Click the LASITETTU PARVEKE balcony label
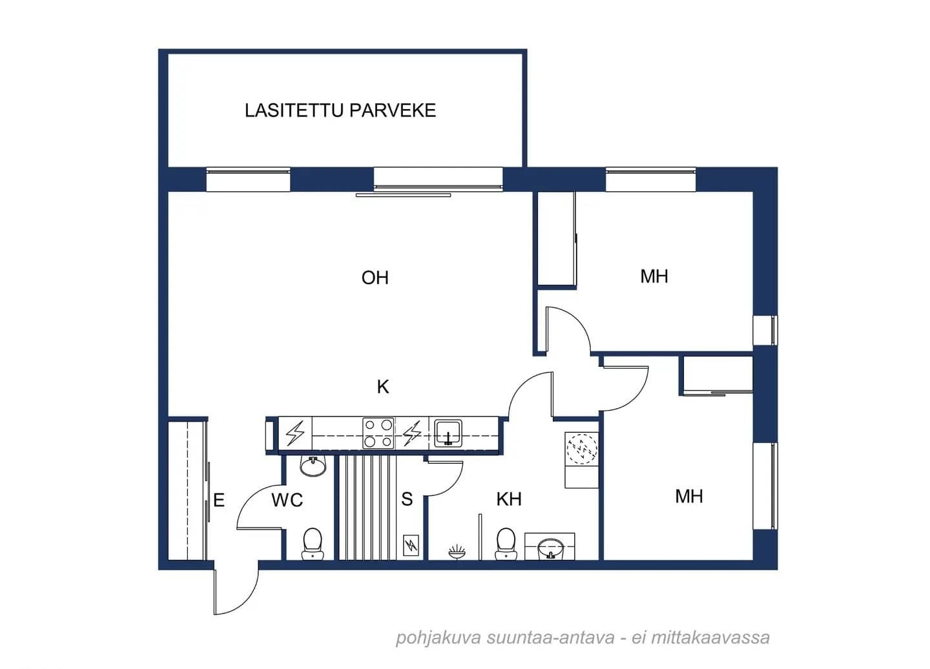pyautogui.click(x=340, y=110)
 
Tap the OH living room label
pyautogui.click(x=375, y=278)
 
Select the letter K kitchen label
pyautogui.click(x=383, y=386)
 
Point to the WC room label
pyautogui.click(x=287, y=500)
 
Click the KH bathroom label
pyautogui.click(x=509, y=499)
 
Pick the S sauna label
pyautogui.click(x=407, y=499)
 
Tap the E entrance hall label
pyautogui.click(x=219, y=500)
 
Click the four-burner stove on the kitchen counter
pyautogui.click(x=378, y=433)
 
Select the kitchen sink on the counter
pyautogui.click(x=448, y=433)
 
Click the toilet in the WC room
pyautogui.click(x=312, y=544)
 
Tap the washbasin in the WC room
pyautogui.click(x=313, y=466)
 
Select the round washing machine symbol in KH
pyautogui.click(x=582, y=449)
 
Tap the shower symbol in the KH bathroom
pyautogui.click(x=457, y=551)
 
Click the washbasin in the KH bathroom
pyautogui.click(x=550, y=549)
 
